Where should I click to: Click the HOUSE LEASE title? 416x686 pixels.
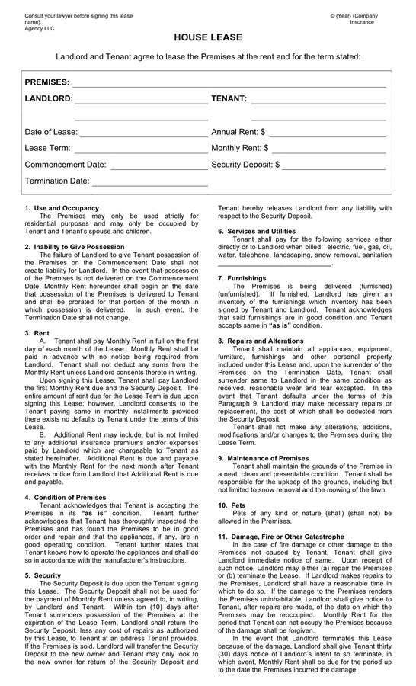[x=208, y=37]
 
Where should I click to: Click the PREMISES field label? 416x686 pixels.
[x=46, y=82]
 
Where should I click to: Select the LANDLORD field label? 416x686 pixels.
[x=49, y=99]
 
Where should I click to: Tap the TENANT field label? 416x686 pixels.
[x=229, y=99]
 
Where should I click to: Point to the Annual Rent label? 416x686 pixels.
[x=238, y=132]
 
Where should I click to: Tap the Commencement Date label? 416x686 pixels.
[x=66, y=165]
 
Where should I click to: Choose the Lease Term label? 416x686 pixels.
[x=47, y=148]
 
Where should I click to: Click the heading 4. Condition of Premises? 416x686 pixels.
[x=66, y=498]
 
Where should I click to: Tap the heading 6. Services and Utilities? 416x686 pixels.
[x=257, y=231]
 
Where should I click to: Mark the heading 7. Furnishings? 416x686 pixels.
[x=242, y=278]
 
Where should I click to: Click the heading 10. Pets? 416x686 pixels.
[x=233, y=505]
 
